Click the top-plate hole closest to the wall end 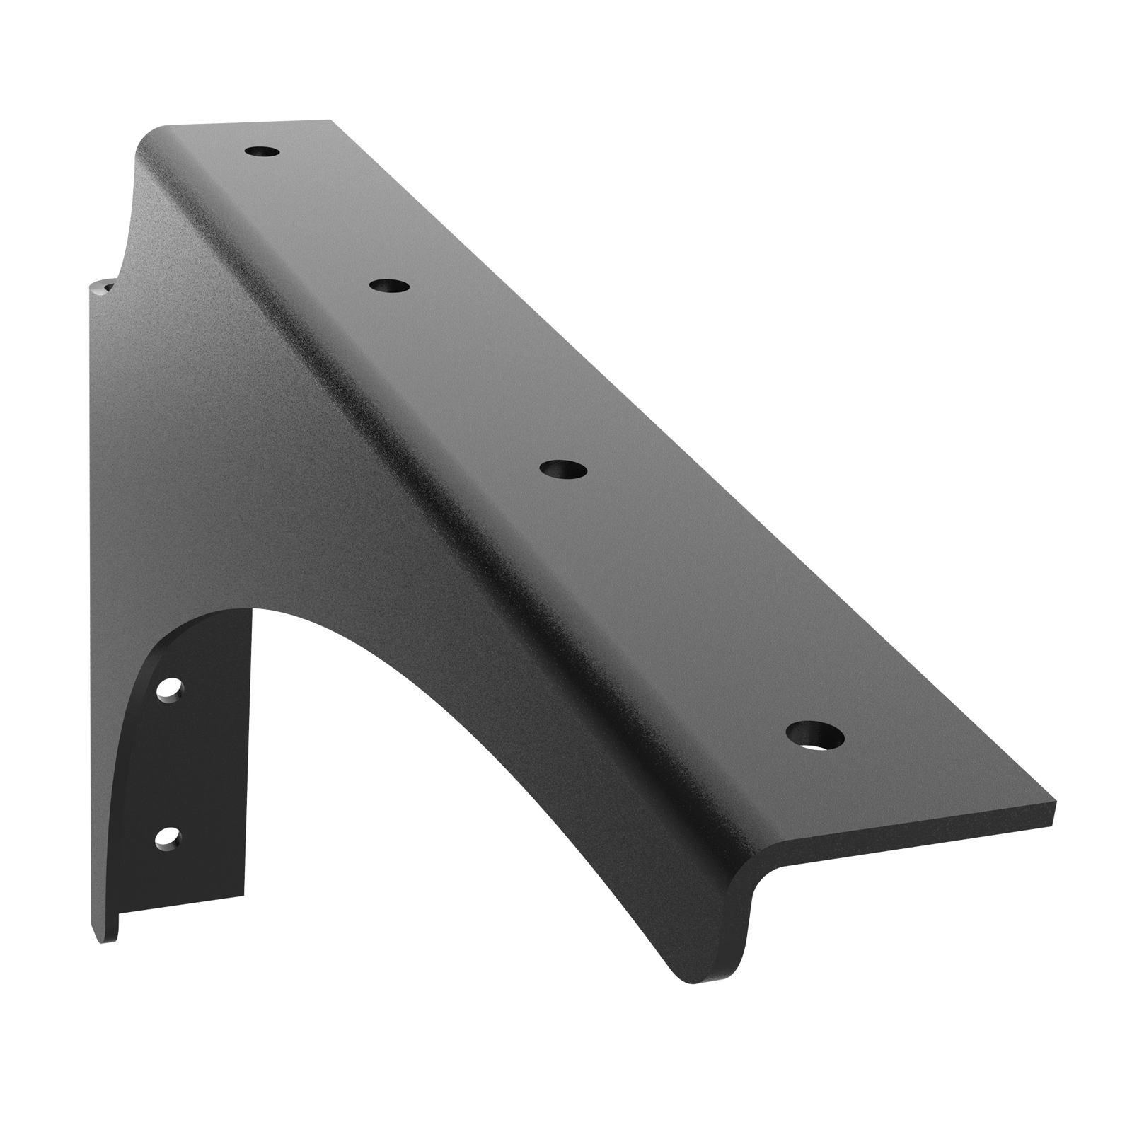pyautogui.click(x=262, y=151)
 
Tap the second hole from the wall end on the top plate pyautogui.click(x=390, y=286)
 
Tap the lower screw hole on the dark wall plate pyautogui.click(x=167, y=837)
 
